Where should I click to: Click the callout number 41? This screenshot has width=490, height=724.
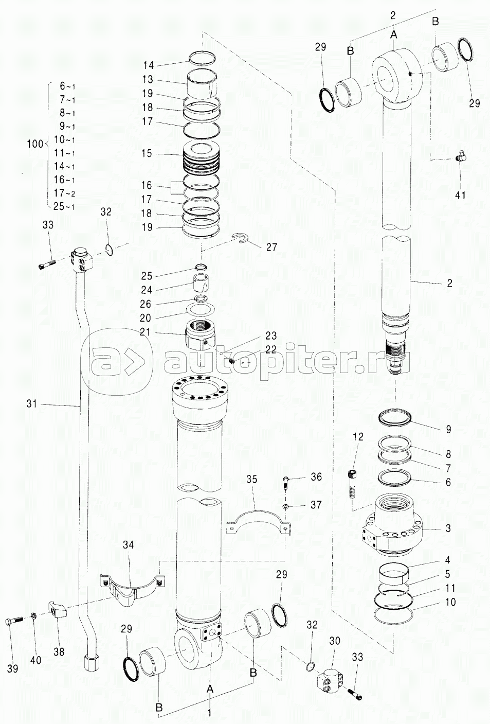point(460,195)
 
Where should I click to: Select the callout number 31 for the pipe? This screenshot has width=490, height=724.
point(32,404)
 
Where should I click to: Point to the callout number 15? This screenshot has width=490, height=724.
point(147,153)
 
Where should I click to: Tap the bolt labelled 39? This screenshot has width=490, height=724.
point(13,621)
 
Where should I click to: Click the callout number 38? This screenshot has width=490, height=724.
point(59,651)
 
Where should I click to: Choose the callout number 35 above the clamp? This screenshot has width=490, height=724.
point(251,479)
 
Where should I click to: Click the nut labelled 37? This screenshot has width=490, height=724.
point(285,506)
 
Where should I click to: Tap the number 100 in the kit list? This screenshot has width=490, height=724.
point(35,144)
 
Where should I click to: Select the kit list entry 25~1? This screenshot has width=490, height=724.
point(64,206)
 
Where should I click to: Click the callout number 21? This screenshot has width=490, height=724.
point(146,331)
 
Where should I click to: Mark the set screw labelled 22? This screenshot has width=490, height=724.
point(231,361)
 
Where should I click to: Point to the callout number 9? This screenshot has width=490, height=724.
point(448,429)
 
